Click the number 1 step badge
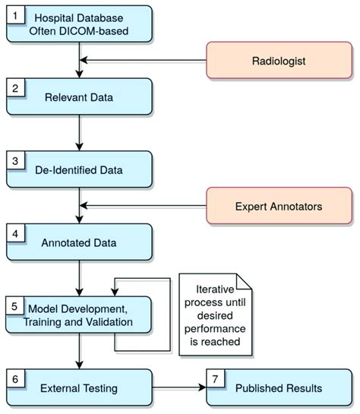tap(14, 14)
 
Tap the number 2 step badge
tap(14, 88)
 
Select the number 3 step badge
tap(14, 161)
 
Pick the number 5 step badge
tap(14, 307)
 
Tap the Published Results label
tap(278, 388)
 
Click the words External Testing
tap(80, 388)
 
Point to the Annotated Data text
tap(79, 243)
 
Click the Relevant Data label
tap(79, 97)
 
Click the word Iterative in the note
tap(215, 289)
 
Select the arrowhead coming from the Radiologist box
tap(84, 60)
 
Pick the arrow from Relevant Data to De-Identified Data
tap(79, 133)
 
